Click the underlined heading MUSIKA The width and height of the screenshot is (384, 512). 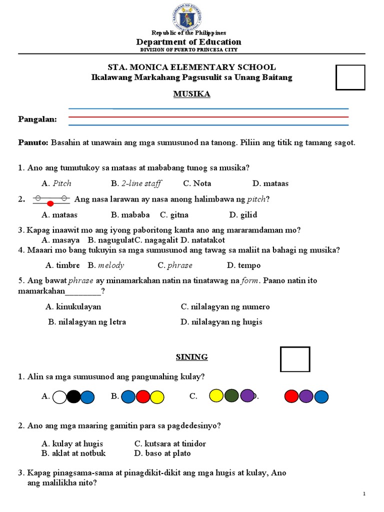pyautogui.click(x=191, y=94)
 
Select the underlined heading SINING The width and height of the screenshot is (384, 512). pyautogui.click(x=191, y=356)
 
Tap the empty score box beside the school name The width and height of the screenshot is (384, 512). pyautogui.click(x=350, y=77)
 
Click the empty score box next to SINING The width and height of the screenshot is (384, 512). pyautogui.click(x=295, y=359)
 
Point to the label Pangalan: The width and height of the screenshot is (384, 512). pyautogui.click(x=37, y=119)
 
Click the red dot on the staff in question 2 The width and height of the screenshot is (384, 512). pyautogui.click(x=50, y=203)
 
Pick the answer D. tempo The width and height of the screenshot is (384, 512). pyautogui.click(x=243, y=265)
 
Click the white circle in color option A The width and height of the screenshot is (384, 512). pyautogui.click(x=59, y=397)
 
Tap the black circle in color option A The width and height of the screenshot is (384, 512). pyautogui.click(x=73, y=397)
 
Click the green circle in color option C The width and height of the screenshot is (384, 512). pyautogui.click(x=231, y=396)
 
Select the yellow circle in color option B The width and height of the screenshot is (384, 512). pyautogui.click(x=157, y=397)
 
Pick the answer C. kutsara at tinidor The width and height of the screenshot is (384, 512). pyautogui.click(x=170, y=443)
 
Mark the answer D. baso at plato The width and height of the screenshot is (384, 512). pyautogui.click(x=162, y=453)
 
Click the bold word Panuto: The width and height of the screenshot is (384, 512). pyautogui.click(x=33, y=142)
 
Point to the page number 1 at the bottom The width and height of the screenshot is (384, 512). pyautogui.click(x=364, y=494)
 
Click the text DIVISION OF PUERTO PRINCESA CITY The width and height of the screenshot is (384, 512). pyautogui.click(x=188, y=49)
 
